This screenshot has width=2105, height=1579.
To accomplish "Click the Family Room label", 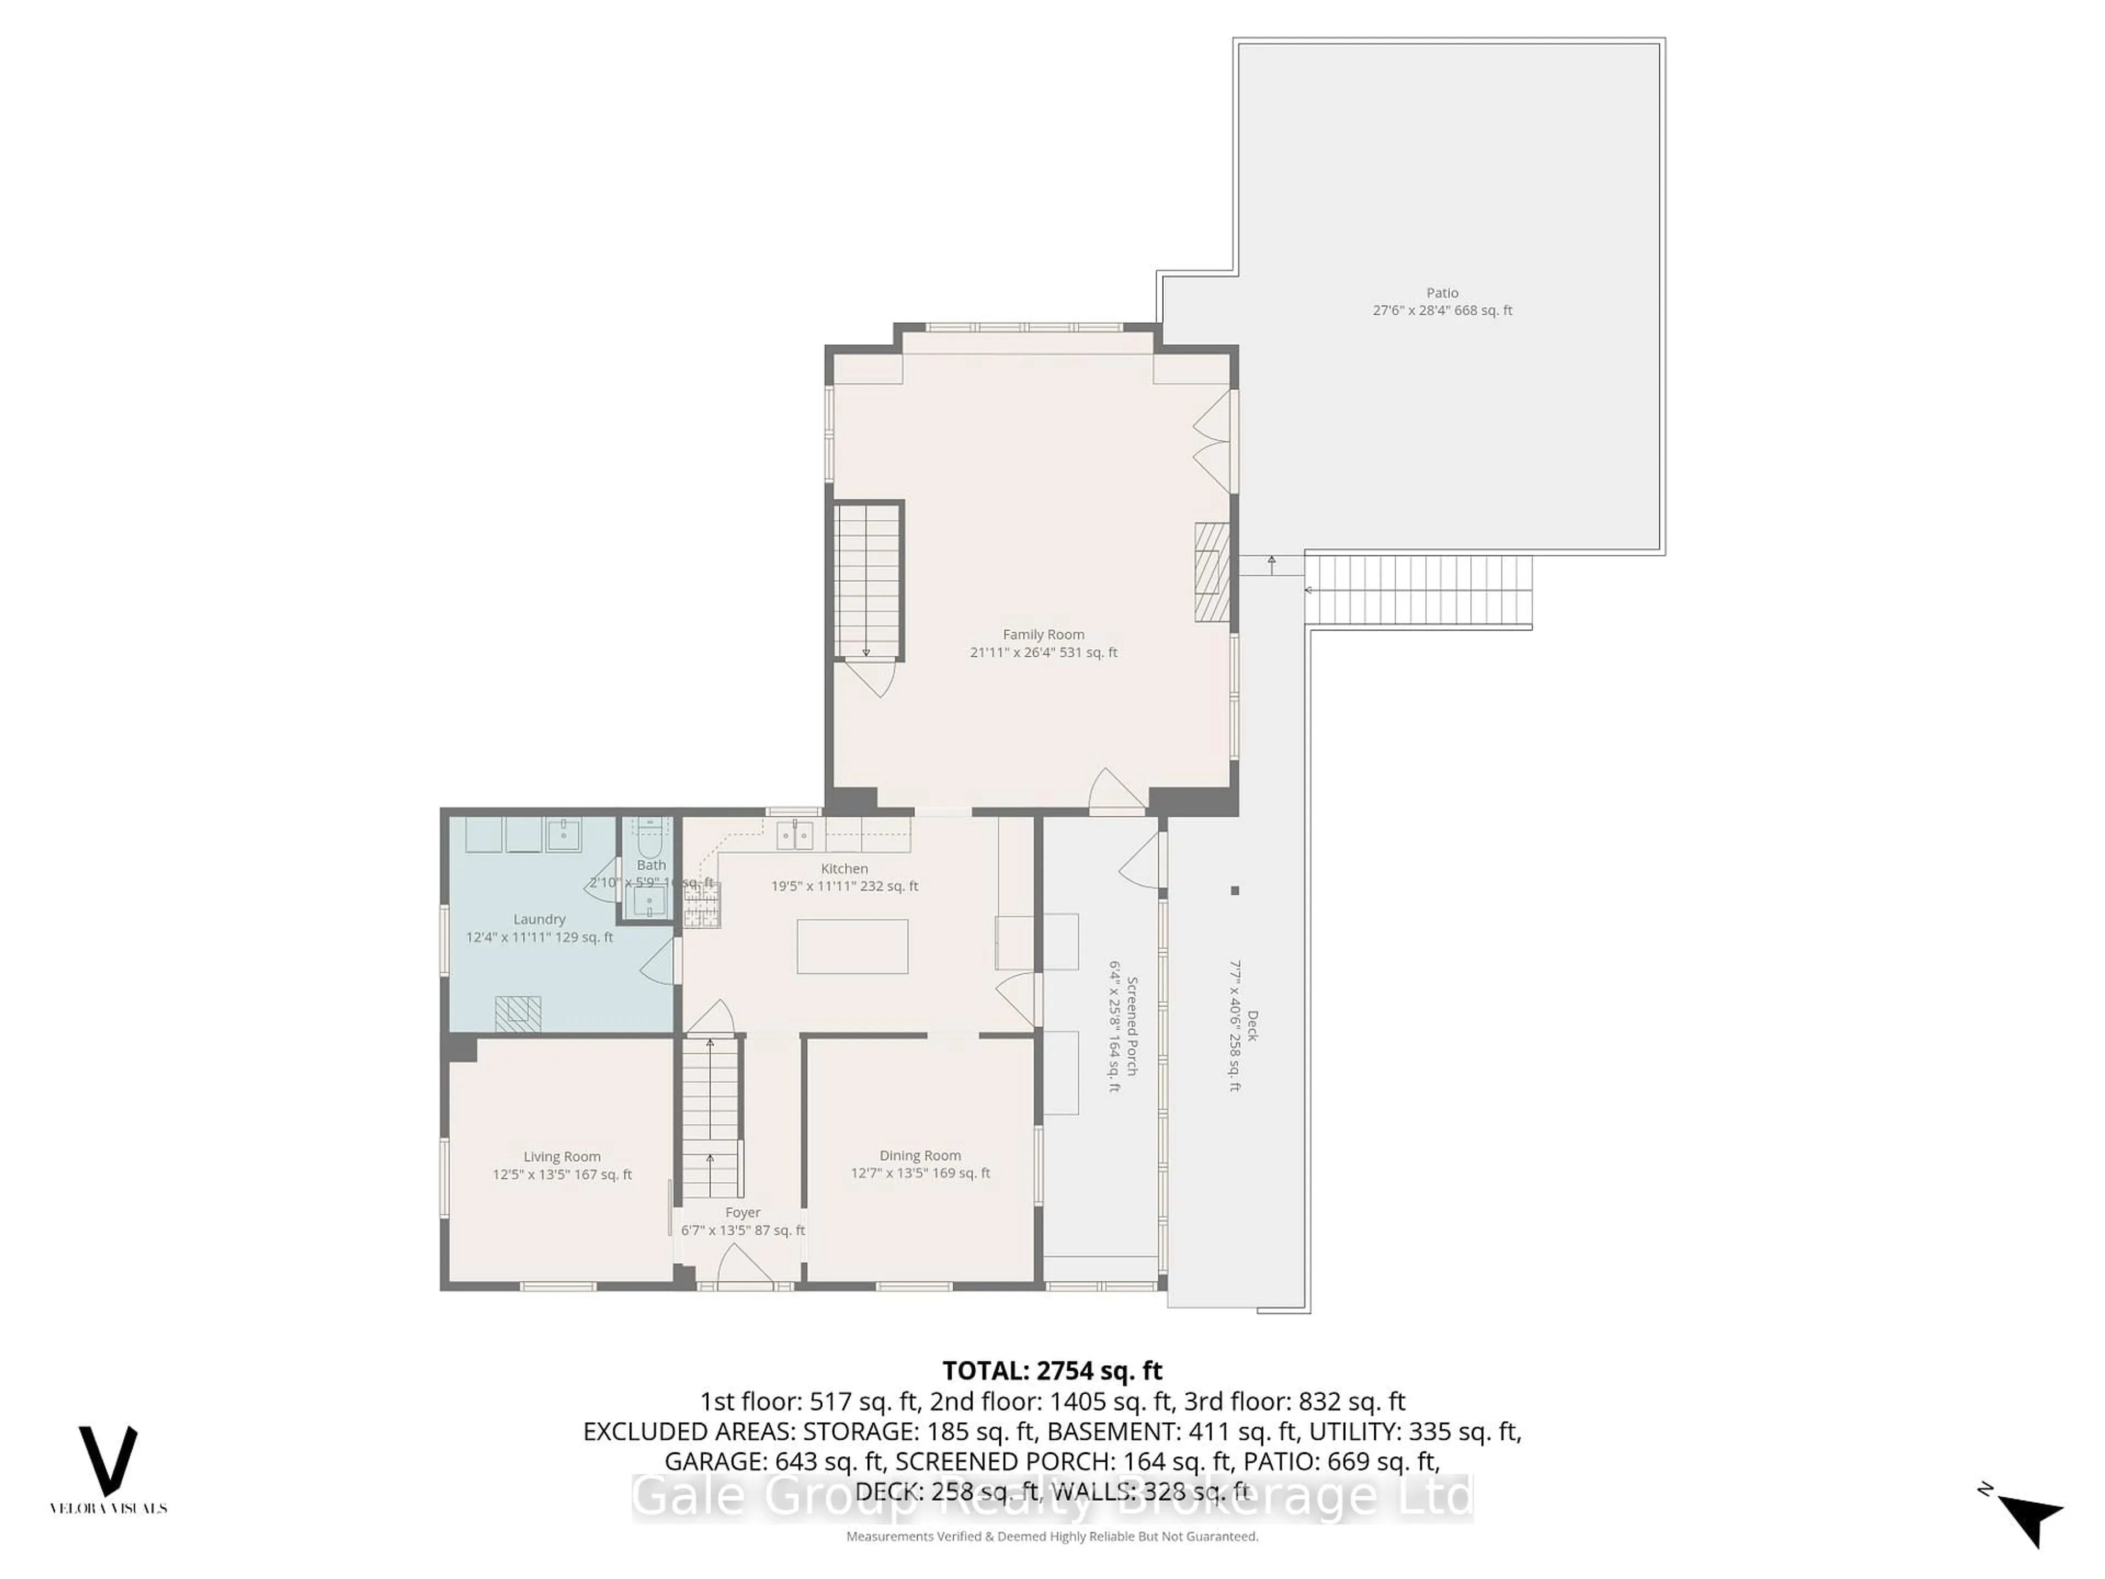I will point(1043,634).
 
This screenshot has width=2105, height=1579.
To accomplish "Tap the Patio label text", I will point(1442,293).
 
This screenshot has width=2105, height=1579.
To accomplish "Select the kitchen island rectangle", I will point(852,946).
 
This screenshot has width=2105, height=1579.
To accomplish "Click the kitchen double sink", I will point(795,836).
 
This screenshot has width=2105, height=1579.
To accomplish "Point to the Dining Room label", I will point(919,1155).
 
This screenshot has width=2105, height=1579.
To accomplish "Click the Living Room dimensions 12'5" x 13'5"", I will point(561,1174).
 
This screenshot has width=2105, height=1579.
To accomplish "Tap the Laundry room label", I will point(539,919).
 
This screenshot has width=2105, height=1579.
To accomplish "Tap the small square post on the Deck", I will point(1234,891).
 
